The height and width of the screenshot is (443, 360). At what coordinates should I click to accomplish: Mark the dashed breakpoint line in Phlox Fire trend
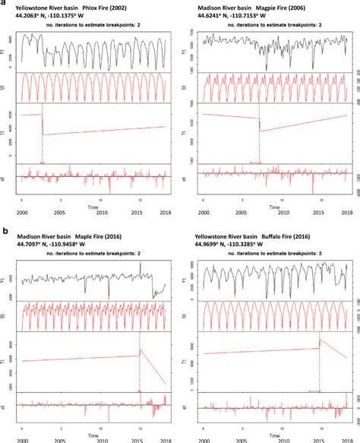[43, 137]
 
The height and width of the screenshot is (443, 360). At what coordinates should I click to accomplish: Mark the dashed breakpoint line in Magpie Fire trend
[259, 137]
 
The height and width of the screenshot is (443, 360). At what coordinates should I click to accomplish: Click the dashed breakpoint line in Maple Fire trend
[140, 365]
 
